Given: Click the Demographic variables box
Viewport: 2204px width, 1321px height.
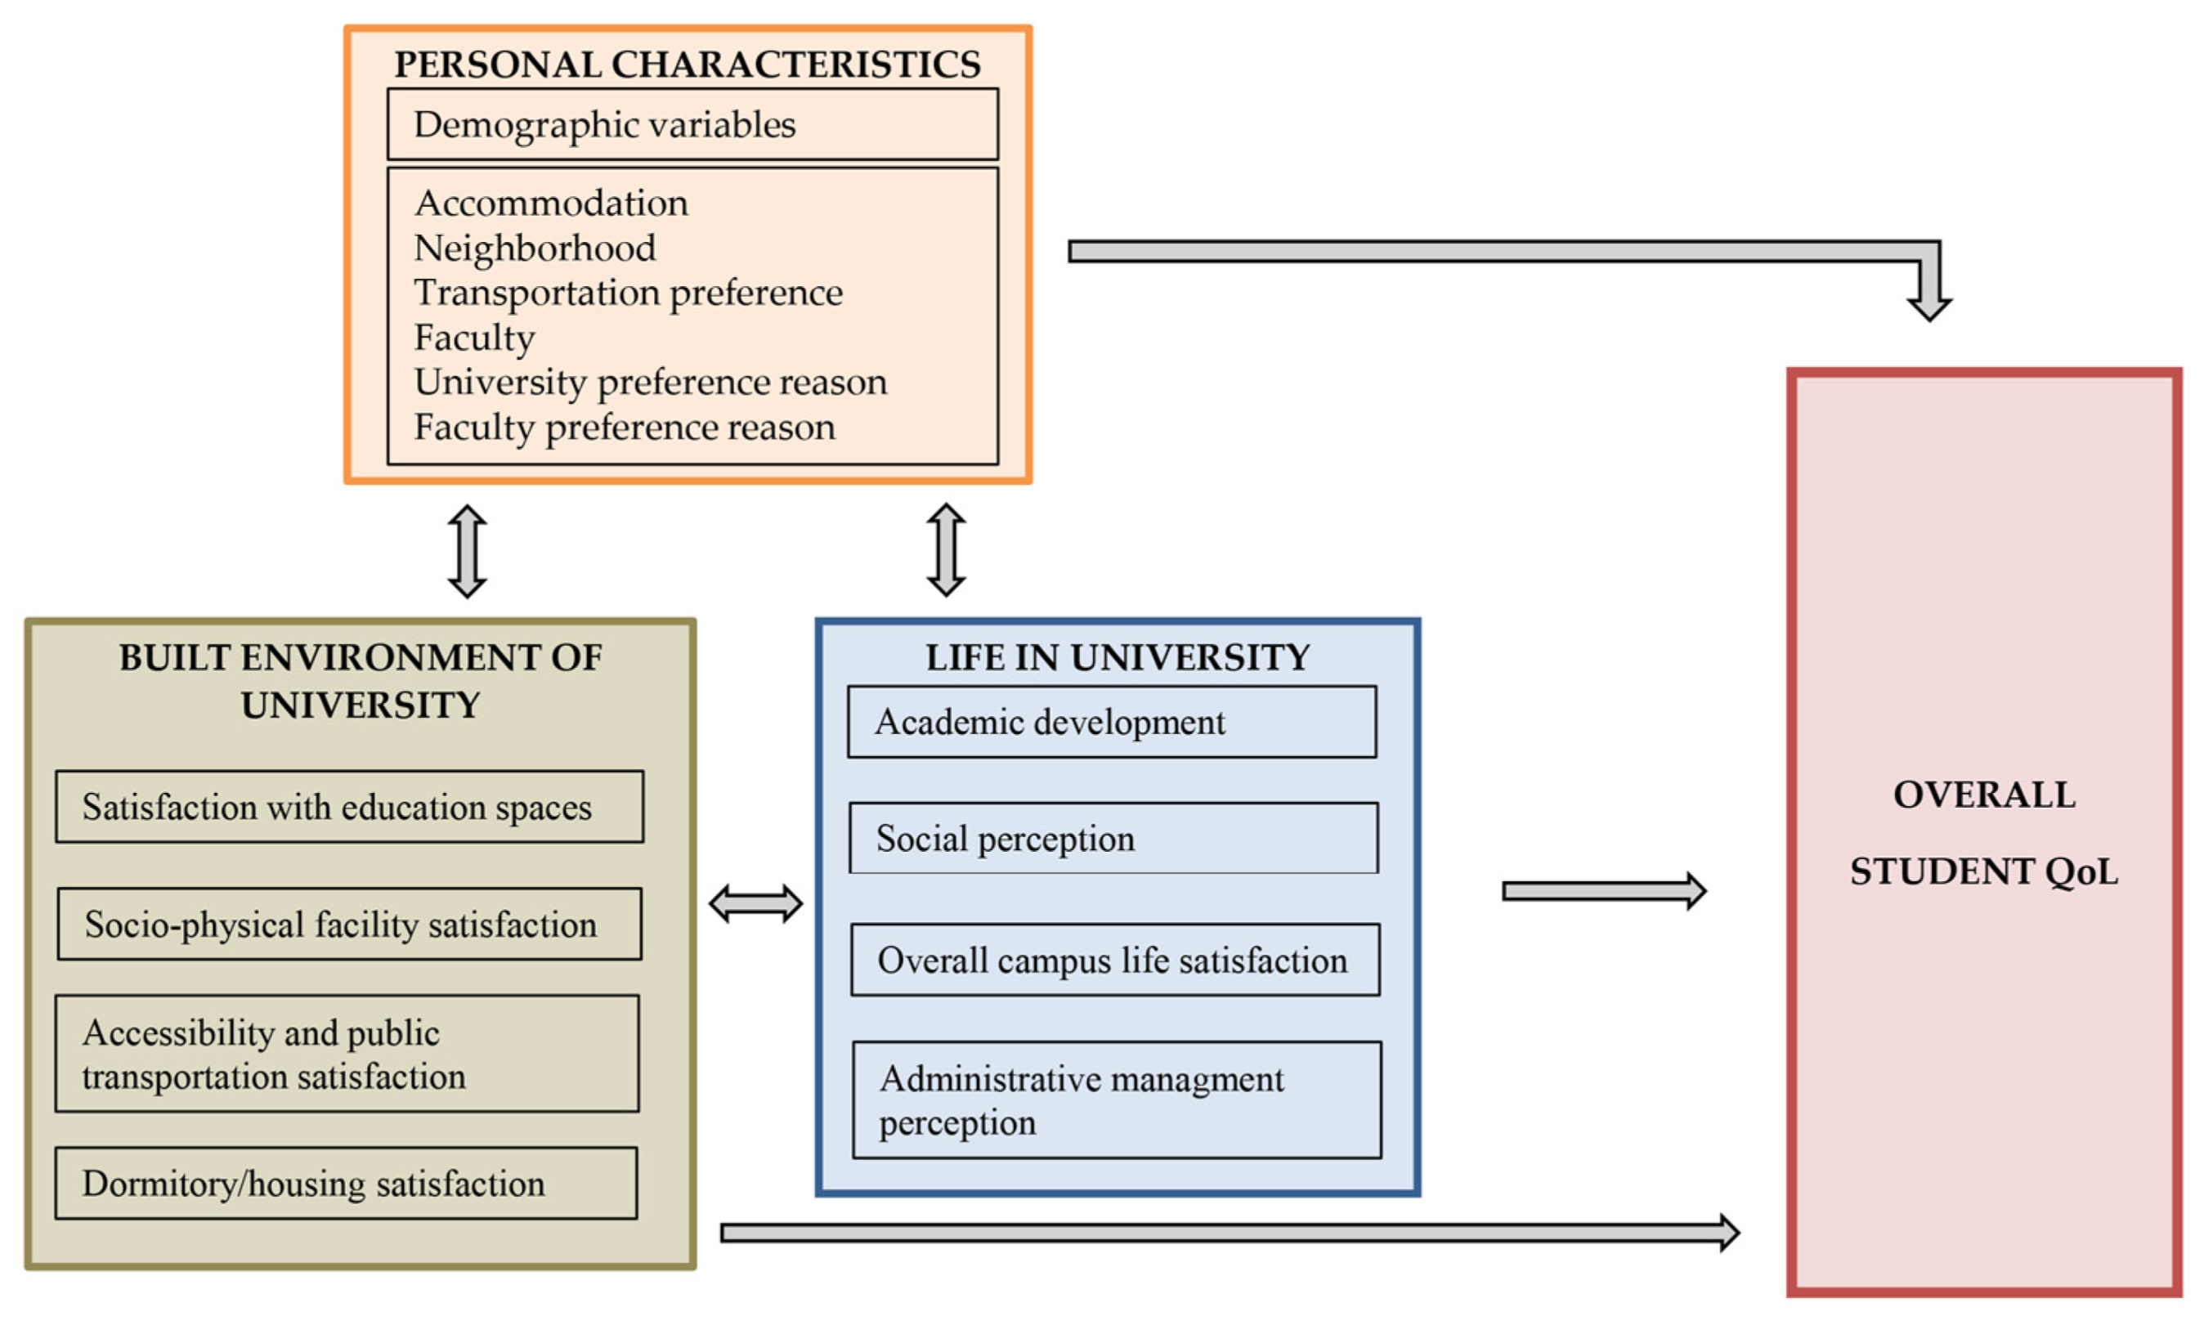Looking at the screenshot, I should pyautogui.click(x=692, y=124).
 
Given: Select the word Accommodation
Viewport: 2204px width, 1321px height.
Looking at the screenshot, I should pyautogui.click(x=551, y=204).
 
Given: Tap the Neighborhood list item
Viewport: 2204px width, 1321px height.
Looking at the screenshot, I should pyautogui.click(x=535, y=249).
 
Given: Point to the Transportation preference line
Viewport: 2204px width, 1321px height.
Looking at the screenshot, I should pyautogui.click(x=628, y=293).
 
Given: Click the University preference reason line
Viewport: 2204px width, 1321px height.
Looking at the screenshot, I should pyautogui.click(x=650, y=383).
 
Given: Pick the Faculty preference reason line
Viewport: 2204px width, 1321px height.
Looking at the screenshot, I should pyautogui.click(x=624, y=428).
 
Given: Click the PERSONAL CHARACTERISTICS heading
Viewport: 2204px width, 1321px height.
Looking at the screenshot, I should pyautogui.click(x=688, y=65).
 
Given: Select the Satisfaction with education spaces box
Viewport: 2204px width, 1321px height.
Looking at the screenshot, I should pyautogui.click(x=349, y=807).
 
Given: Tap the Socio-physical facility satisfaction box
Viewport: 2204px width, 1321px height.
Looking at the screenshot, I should pyautogui.click(x=349, y=924).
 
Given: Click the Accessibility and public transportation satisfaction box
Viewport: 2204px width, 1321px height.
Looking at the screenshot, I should pyautogui.click(x=347, y=1054).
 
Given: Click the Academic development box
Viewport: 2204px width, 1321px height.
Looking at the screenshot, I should pyautogui.click(x=1112, y=722).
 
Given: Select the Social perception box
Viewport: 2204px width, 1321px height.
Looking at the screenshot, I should pyautogui.click(x=1113, y=839).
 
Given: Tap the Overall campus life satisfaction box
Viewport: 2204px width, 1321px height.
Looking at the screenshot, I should pyautogui.click(x=1114, y=960).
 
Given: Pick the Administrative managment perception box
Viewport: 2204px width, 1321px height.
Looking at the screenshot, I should pyautogui.click(x=1116, y=1100).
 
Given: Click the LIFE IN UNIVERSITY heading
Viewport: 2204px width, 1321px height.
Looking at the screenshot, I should pyautogui.click(x=1118, y=658).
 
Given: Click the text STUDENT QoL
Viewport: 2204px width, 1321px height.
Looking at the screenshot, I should pyautogui.click(x=1983, y=871).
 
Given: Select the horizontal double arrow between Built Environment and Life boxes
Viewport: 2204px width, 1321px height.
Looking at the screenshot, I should pyautogui.click(x=755, y=904).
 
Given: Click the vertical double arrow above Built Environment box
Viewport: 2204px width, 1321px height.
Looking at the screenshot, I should pyautogui.click(x=468, y=551).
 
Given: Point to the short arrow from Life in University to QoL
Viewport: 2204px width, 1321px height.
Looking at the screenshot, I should pyautogui.click(x=1603, y=891).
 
